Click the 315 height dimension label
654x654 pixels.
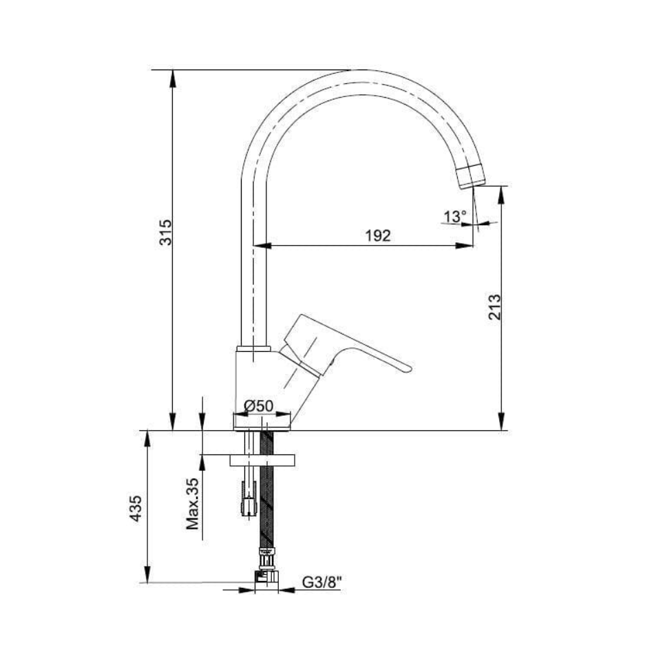(x=166, y=232)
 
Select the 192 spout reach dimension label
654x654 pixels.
(x=378, y=236)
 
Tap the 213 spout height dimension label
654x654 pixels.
(x=495, y=307)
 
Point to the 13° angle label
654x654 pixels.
(x=454, y=216)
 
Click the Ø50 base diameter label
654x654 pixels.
(x=259, y=405)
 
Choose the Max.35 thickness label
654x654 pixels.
(x=192, y=503)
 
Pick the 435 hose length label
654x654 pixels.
(x=136, y=509)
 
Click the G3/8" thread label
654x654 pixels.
(x=321, y=582)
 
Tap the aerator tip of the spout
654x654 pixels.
(x=472, y=177)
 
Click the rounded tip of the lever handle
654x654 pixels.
(x=408, y=368)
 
